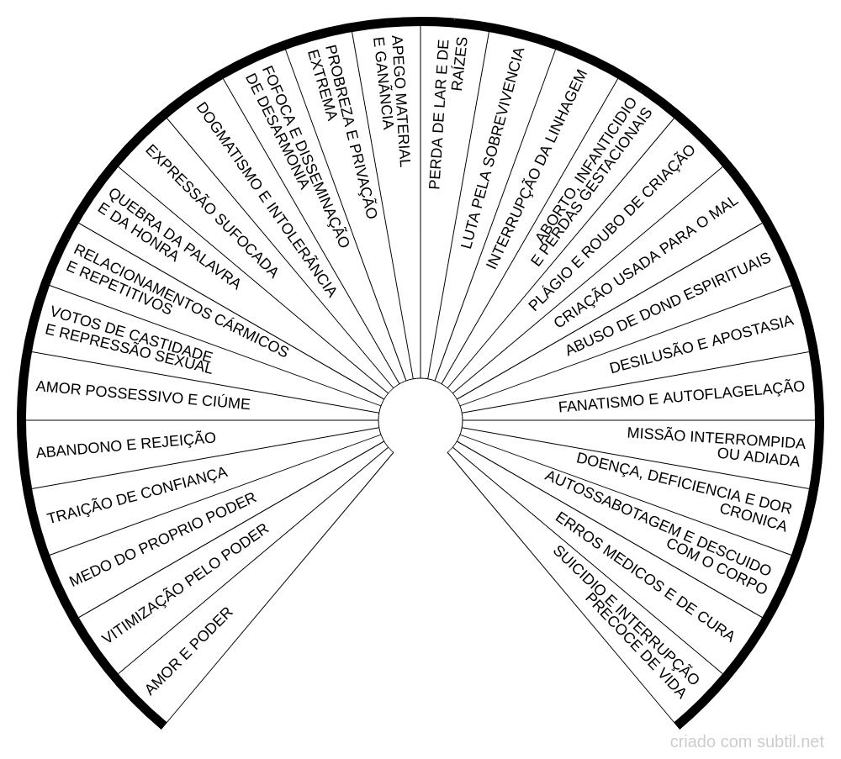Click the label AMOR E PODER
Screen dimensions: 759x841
(x=189, y=651)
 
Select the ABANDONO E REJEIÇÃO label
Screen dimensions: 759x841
(x=126, y=445)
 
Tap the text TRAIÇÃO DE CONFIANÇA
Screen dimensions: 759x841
(x=137, y=495)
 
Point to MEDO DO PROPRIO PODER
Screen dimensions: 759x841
(x=162, y=540)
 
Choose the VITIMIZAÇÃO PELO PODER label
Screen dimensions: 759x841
(x=185, y=584)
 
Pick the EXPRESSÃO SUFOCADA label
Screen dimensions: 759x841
(x=211, y=211)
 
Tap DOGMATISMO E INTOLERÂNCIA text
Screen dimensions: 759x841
(x=267, y=200)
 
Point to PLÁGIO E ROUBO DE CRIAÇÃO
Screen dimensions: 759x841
(x=611, y=228)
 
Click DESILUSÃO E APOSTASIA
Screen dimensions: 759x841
(x=701, y=345)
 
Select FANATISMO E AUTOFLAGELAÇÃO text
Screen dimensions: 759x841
(x=682, y=396)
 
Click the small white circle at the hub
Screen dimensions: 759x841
(x=420, y=419)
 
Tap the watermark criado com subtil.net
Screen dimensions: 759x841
(x=747, y=742)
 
